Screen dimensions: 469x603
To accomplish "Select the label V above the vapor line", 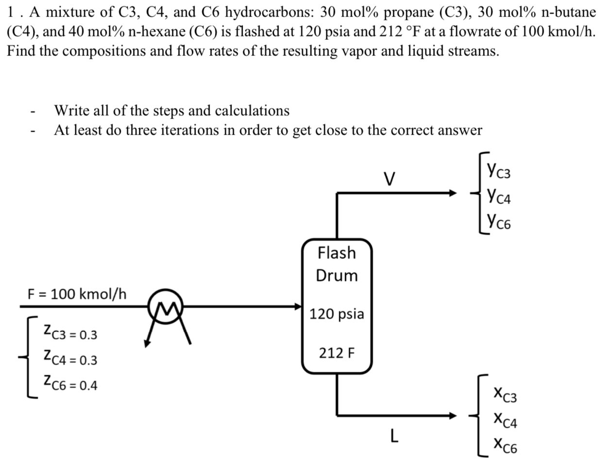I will [x=388, y=179].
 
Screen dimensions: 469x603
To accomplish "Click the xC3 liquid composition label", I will [x=505, y=394].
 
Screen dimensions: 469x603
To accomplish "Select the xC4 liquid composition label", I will [x=505, y=419].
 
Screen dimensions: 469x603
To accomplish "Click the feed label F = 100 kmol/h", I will [x=77, y=294].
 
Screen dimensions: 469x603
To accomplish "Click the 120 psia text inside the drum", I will [x=336, y=314].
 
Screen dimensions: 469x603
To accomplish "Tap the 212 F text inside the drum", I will [x=336, y=352].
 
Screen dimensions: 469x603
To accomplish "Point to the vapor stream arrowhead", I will [x=452, y=193].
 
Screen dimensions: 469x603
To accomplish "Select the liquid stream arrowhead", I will [x=452, y=416].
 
